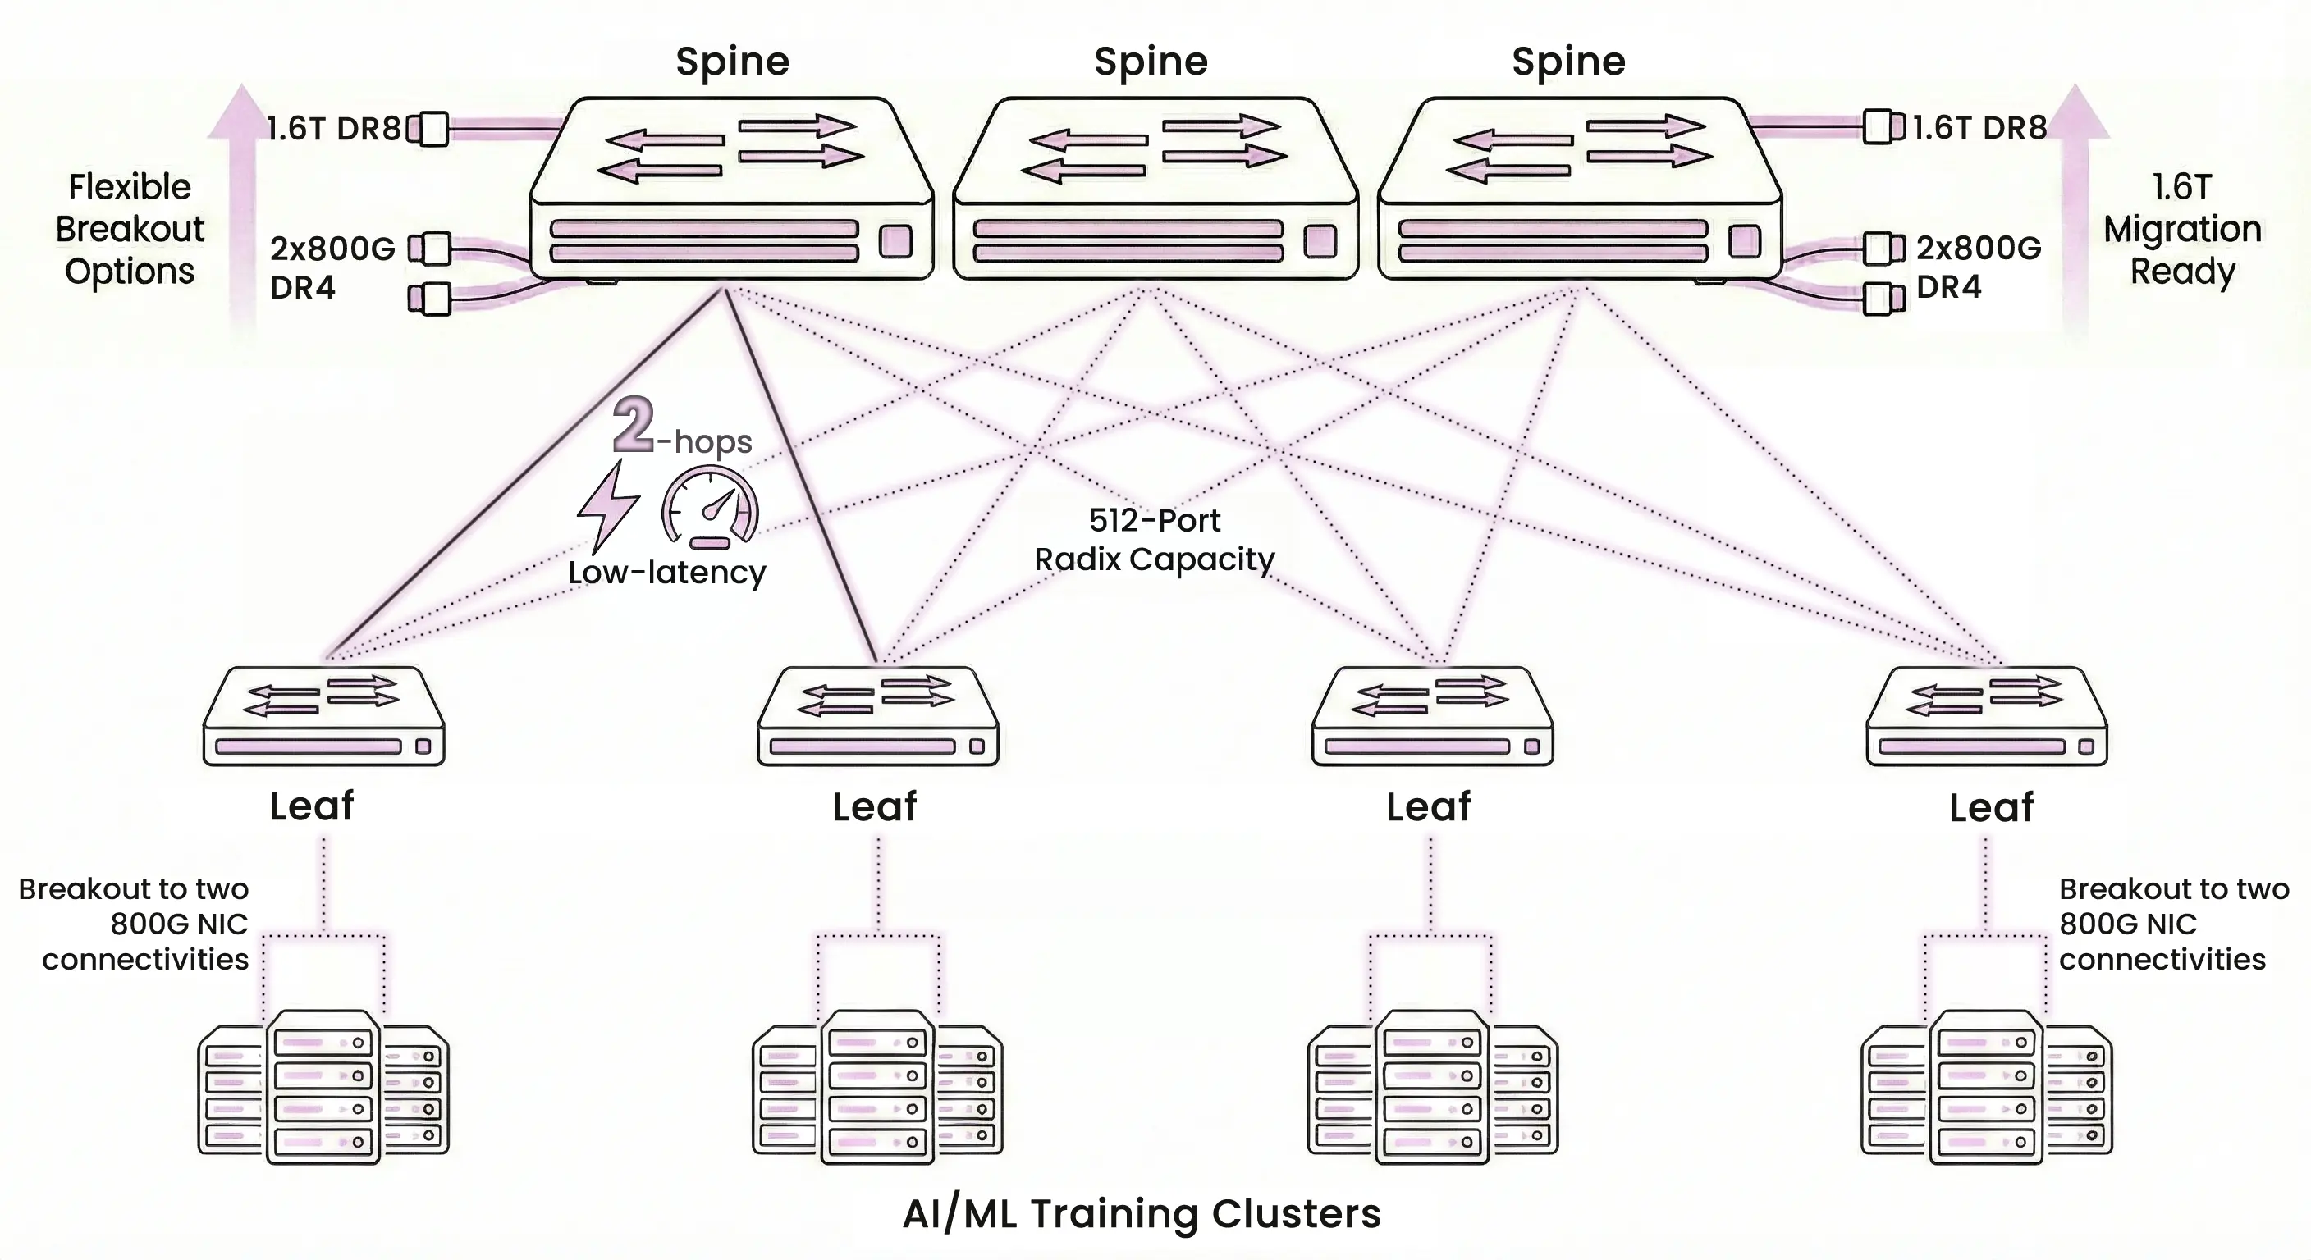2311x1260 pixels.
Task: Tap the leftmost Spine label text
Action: (732, 62)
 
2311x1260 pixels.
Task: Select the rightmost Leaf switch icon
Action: (1986, 716)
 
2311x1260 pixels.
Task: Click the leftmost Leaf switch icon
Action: (324, 716)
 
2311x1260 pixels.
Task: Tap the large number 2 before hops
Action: (634, 425)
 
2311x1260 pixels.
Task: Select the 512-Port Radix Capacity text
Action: (1154, 540)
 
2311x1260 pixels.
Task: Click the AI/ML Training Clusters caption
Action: (1142, 1213)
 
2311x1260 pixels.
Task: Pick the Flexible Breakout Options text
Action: (130, 229)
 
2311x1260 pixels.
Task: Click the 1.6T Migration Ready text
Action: (2182, 229)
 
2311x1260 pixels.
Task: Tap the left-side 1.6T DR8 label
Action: (335, 128)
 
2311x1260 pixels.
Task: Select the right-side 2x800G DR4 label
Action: (1977, 267)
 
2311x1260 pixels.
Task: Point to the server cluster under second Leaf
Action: (877, 1088)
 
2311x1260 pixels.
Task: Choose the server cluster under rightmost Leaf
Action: (1986, 1088)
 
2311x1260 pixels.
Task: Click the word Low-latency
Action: (666, 572)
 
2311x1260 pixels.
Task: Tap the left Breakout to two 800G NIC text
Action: (135, 924)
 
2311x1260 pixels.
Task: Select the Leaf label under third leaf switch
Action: (1428, 806)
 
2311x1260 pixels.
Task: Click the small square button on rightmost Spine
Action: (1744, 241)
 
